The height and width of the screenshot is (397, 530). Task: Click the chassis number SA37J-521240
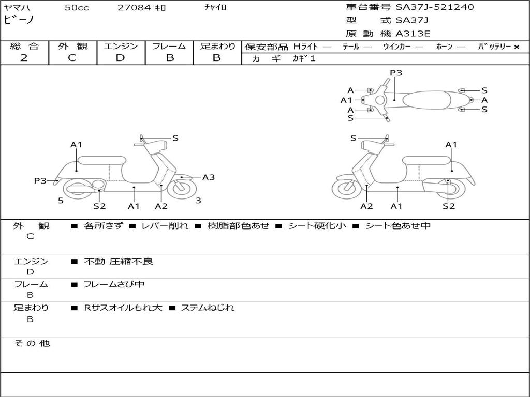pos(435,7)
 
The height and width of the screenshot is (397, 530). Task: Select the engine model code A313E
pos(413,34)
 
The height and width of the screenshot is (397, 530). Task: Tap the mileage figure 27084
pos(134,7)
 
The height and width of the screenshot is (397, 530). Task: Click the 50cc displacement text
pos(77,7)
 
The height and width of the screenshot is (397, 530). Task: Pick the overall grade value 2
pos(24,58)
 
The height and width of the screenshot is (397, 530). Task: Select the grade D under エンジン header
pos(120,58)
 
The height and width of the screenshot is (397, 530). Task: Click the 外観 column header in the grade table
pos(72,46)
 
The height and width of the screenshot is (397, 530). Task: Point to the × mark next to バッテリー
pos(517,47)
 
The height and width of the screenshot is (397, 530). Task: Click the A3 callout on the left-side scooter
pos(209,177)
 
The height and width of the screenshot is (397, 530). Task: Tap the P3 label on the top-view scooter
pos(396,72)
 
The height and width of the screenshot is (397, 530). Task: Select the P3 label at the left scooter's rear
pos(40,180)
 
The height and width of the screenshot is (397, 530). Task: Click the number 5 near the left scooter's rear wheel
pos(61,201)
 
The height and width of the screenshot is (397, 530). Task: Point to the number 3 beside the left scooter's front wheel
pos(198,201)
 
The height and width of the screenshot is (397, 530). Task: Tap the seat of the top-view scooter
pos(427,100)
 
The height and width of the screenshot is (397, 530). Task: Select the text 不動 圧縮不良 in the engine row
pos(119,261)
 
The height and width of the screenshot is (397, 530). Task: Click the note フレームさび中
pos(114,285)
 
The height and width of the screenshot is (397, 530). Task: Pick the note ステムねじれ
pos(208,308)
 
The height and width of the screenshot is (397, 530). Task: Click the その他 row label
pos(32,343)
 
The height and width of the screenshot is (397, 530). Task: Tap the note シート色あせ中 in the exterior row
pos(398,225)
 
